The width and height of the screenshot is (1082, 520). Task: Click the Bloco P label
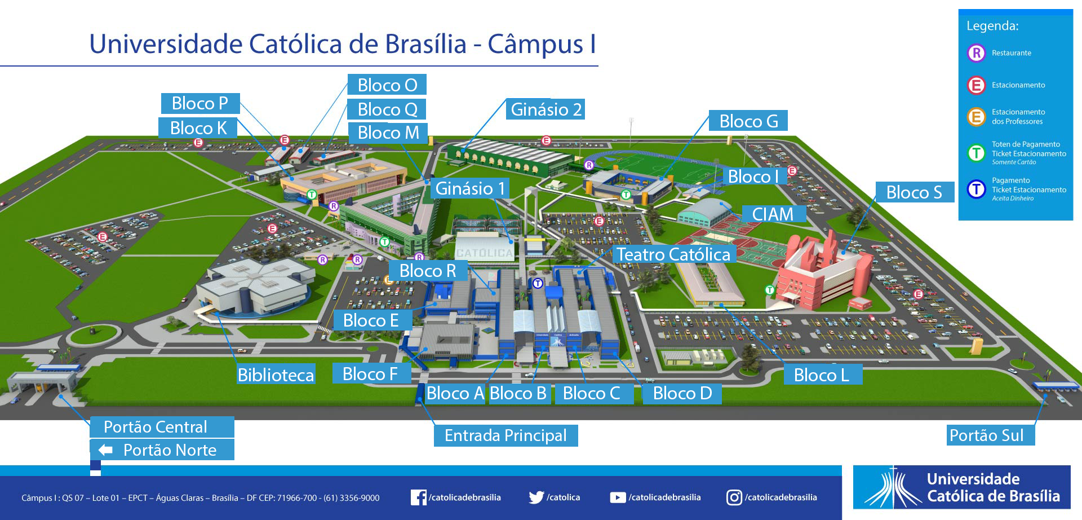pos(201,103)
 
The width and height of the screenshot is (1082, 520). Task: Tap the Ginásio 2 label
pos(546,109)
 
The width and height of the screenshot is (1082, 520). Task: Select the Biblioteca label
pos(276,375)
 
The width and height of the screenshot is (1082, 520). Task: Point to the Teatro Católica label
pos(674,254)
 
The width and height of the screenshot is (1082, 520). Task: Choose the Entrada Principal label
pos(505,435)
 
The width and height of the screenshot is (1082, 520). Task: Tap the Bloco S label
pos(915,192)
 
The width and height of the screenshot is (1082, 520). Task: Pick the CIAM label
pos(773,214)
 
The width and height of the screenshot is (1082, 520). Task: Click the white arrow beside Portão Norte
pos(105,450)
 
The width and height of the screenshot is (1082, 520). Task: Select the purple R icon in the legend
pos(976,53)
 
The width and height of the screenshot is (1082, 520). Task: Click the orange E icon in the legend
pos(976,117)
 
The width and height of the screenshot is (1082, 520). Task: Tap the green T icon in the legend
pos(976,152)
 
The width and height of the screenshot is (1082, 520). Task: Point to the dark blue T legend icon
pos(976,189)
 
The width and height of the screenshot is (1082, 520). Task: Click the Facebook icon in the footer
pos(418,497)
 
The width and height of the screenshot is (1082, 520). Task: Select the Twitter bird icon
pos(536,497)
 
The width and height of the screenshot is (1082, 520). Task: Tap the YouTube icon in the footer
pos(618,497)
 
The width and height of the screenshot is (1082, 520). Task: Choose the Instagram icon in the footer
pos(734,497)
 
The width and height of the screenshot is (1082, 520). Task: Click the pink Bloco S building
pos(823,274)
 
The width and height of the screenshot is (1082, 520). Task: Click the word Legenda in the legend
pos(992,26)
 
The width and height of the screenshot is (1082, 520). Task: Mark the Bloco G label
pos(748,121)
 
